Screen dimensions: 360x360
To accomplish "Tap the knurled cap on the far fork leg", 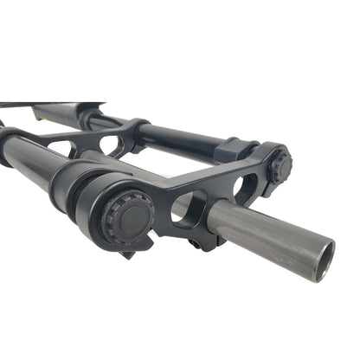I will coord(279,167).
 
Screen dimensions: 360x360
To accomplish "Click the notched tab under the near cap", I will coord(130,250).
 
